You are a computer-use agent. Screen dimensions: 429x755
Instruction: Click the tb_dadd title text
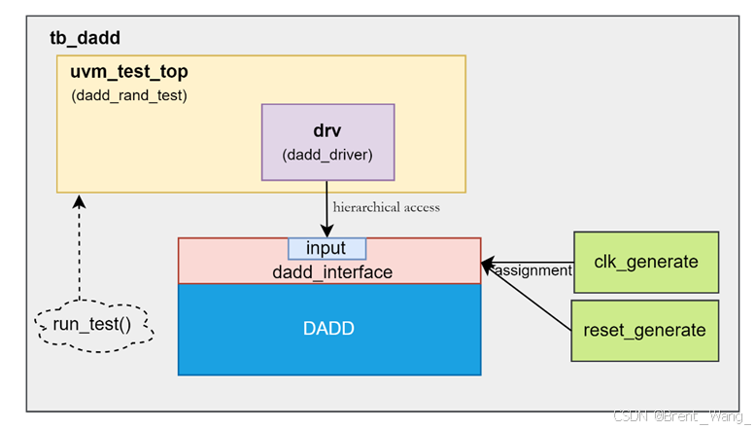pos(85,39)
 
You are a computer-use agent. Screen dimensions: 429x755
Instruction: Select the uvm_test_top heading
pos(128,73)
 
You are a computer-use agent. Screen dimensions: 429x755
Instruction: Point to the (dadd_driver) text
pos(327,155)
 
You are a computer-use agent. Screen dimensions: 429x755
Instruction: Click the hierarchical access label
pos(386,207)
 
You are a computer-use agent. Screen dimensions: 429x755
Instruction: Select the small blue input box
pos(327,247)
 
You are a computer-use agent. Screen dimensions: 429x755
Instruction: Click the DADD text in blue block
pos(328,329)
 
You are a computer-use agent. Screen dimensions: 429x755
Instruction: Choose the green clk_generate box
pos(646,262)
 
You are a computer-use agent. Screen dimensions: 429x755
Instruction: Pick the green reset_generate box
pos(644,331)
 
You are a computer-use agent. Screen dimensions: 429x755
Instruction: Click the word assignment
pos(533,270)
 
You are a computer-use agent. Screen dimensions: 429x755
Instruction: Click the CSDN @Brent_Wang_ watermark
pos(680,415)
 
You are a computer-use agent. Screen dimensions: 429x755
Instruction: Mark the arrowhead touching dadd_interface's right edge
pos(487,263)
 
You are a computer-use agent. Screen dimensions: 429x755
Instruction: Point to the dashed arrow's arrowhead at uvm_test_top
pos(80,199)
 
